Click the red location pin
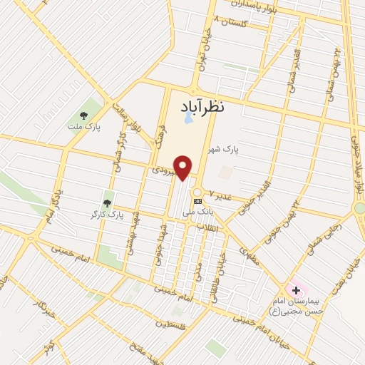click(x=184, y=168)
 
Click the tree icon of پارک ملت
click(x=83, y=115)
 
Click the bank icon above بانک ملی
click(x=197, y=202)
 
